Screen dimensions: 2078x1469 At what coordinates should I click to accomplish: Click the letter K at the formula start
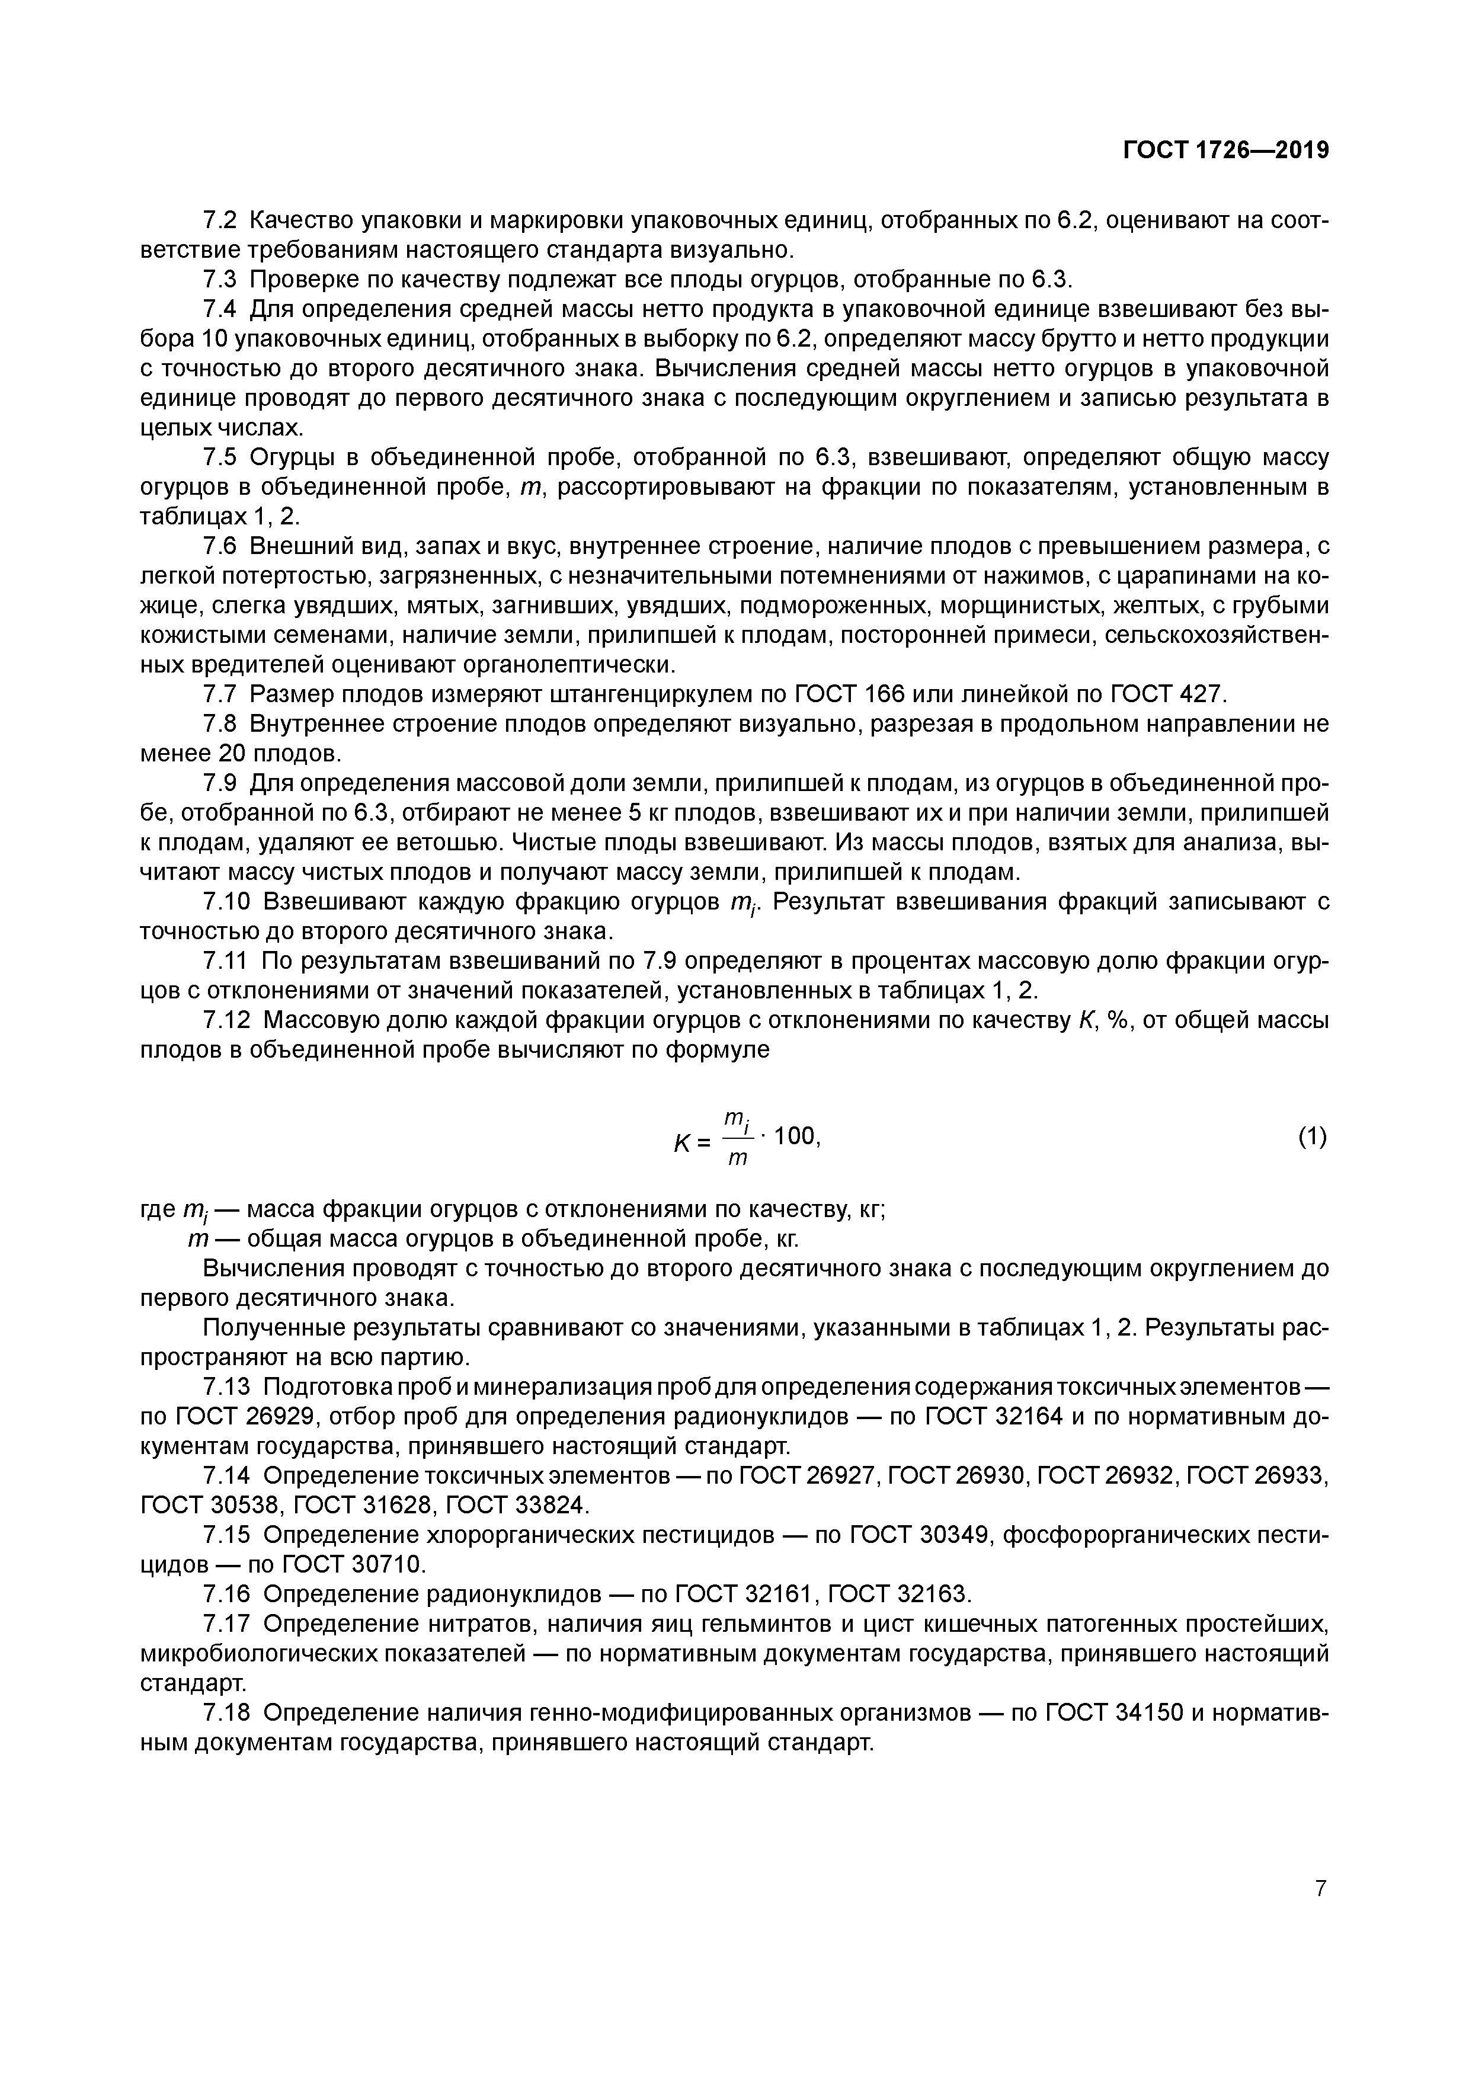[683, 1144]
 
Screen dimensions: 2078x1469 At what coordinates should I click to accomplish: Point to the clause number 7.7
[219, 694]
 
